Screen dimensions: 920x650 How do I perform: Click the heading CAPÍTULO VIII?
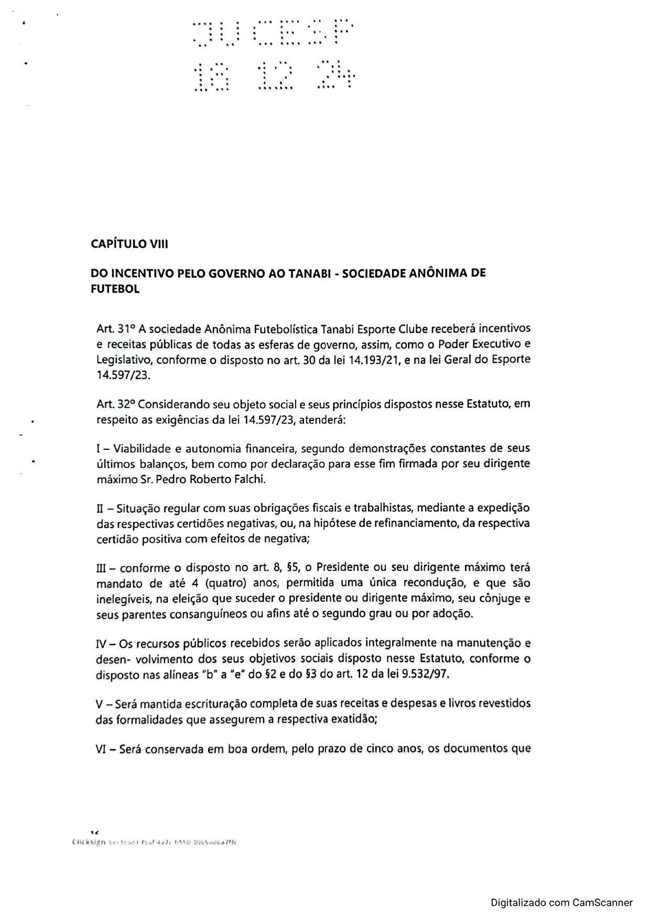pos(129,244)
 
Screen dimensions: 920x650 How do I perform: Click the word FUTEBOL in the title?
pos(115,289)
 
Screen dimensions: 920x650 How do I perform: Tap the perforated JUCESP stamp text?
pos(273,33)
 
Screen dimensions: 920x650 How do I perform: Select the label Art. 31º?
pos(116,329)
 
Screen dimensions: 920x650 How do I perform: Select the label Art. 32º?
pos(116,405)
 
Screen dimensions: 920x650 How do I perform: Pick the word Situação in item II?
pos(139,508)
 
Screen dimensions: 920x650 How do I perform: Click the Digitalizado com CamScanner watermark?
pos(561,903)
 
